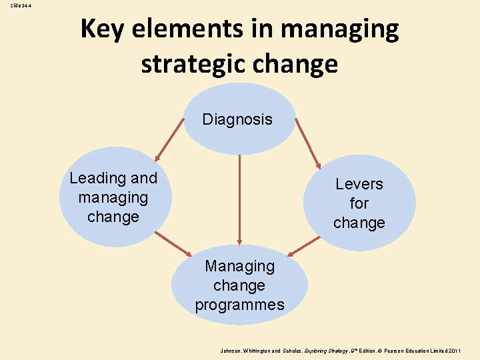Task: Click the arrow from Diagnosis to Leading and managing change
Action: (169, 140)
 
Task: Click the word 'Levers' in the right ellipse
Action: (359, 184)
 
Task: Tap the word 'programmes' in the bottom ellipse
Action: (239, 305)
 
